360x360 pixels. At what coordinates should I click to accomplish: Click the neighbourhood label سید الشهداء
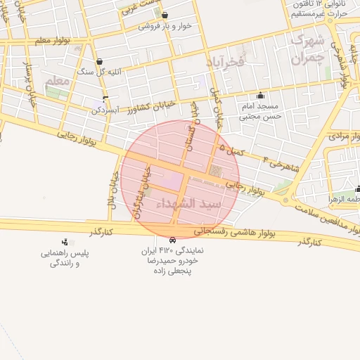click(x=210, y=203)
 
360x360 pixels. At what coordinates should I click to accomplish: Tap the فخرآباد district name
click(x=224, y=63)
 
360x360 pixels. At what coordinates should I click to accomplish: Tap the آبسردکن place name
click(x=108, y=110)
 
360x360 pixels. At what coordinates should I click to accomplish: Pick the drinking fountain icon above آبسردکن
click(x=105, y=99)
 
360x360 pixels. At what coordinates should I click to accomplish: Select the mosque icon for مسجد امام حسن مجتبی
click(x=261, y=96)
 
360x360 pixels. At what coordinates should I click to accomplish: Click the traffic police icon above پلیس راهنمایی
click(x=65, y=241)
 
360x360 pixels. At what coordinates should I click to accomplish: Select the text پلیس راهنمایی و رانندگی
click(x=65, y=258)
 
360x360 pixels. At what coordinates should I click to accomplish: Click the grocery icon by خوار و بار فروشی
click(x=165, y=15)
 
